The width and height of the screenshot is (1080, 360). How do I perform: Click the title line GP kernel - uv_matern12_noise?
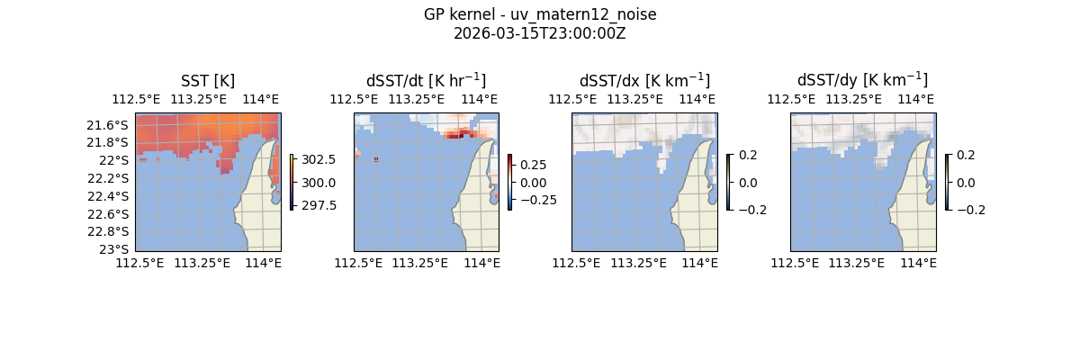[x=539, y=14]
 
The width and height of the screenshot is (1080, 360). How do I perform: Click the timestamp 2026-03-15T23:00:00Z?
[x=539, y=33]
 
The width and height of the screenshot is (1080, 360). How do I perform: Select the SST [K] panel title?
[x=208, y=80]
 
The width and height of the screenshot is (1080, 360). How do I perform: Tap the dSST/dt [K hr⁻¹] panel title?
[x=426, y=80]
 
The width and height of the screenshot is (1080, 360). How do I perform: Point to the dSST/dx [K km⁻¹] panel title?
[x=644, y=80]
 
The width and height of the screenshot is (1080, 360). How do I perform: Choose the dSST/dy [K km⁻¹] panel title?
[x=862, y=80]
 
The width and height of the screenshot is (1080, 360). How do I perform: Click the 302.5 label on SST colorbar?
[x=319, y=159]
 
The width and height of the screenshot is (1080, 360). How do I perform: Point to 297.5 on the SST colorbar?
[x=319, y=205]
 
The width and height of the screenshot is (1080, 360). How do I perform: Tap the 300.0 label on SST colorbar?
[x=319, y=183]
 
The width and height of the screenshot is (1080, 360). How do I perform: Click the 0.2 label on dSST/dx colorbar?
[x=748, y=155]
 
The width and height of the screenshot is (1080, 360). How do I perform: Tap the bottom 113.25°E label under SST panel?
[x=202, y=263]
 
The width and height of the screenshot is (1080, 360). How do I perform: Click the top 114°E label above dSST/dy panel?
[x=916, y=99]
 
